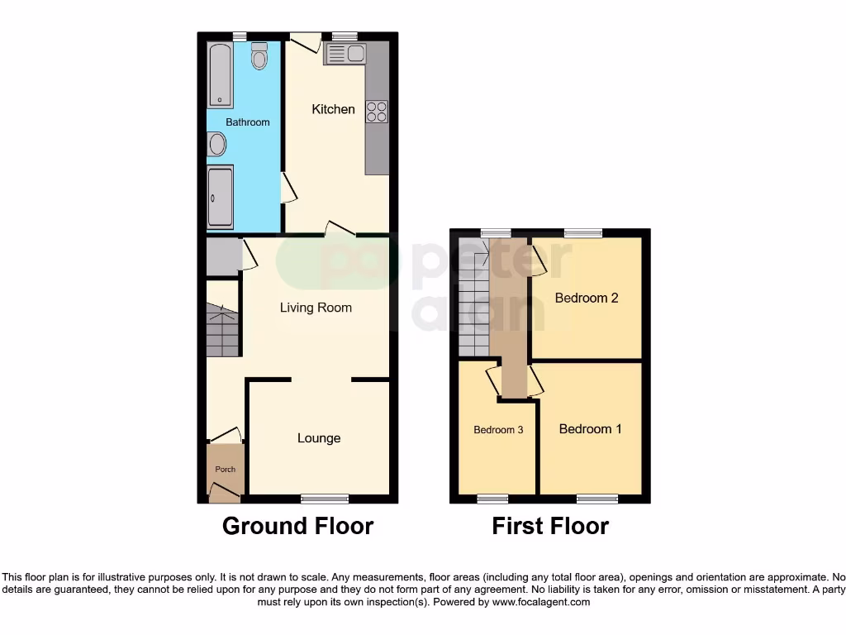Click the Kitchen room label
pyautogui.click(x=333, y=109)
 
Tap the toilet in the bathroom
pyautogui.click(x=259, y=56)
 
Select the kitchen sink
pyautogui.click(x=345, y=55)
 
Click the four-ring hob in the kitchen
pyautogui.click(x=377, y=111)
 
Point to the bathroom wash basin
pyautogui.click(x=216, y=145)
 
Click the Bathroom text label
pyautogui.click(x=248, y=122)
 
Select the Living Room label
pyautogui.click(x=316, y=308)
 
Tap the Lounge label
pyautogui.click(x=319, y=438)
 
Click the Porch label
pyautogui.click(x=225, y=470)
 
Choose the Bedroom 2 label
pyautogui.click(x=587, y=298)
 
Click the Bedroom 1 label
pyautogui.click(x=591, y=428)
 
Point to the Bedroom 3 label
pyautogui.click(x=498, y=430)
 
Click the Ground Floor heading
pyautogui.click(x=297, y=526)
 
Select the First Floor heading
pyautogui.click(x=550, y=526)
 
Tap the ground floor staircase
pyautogui.click(x=221, y=329)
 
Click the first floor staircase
pyautogui.click(x=473, y=298)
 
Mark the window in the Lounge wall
pyautogui.click(x=325, y=499)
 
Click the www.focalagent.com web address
pyautogui.click(x=542, y=603)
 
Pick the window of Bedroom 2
pyautogui.click(x=582, y=233)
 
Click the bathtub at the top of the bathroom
pyautogui.click(x=220, y=75)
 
